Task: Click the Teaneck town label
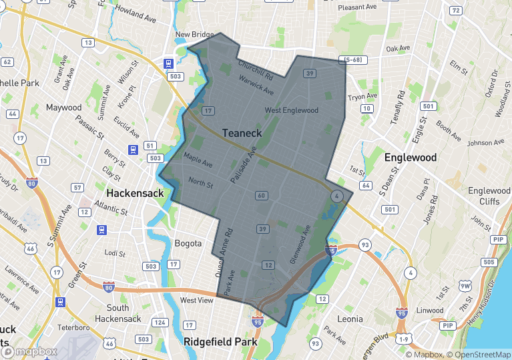(x=242, y=133)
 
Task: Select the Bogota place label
(x=188, y=243)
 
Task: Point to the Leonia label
(x=350, y=319)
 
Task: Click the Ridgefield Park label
(x=221, y=341)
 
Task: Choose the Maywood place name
(x=63, y=108)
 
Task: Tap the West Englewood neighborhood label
(x=292, y=110)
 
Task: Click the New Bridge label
(x=194, y=35)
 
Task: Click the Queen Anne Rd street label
(x=223, y=254)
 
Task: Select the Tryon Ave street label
(x=362, y=97)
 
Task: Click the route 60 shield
(x=261, y=196)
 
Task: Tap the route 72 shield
(x=455, y=11)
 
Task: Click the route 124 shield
(x=160, y=323)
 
